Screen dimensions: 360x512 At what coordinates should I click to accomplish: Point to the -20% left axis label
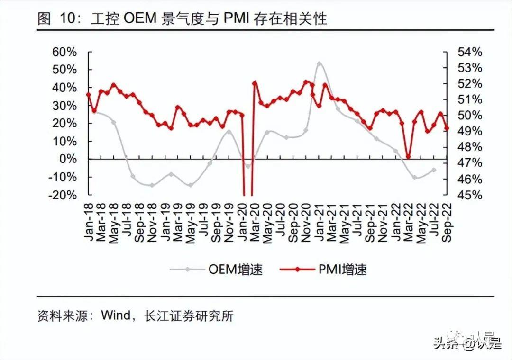[x=63, y=195]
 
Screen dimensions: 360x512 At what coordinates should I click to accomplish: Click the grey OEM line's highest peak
[x=320, y=63]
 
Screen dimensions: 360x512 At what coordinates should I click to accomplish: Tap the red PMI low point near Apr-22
[x=408, y=157]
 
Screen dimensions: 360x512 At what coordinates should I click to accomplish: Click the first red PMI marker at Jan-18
[x=88, y=94]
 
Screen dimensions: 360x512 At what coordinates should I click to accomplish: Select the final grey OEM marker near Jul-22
[x=433, y=170]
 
